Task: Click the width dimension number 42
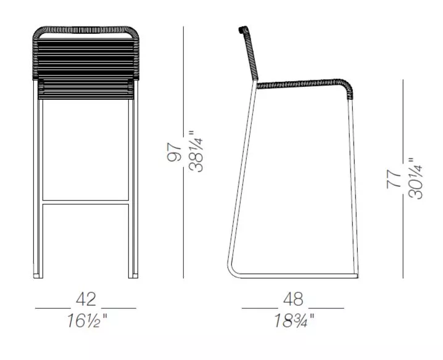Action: coord(86,300)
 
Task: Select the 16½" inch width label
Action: coord(87,321)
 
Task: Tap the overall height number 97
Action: coord(174,152)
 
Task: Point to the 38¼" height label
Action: coord(196,151)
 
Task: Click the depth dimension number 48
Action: coord(293,300)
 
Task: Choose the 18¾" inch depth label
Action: coord(294,321)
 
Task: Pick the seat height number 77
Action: coord(394,179)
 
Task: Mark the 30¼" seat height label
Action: coord(415,178)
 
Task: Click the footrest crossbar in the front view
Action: coord(86,202)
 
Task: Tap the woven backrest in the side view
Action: coord(249,53)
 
